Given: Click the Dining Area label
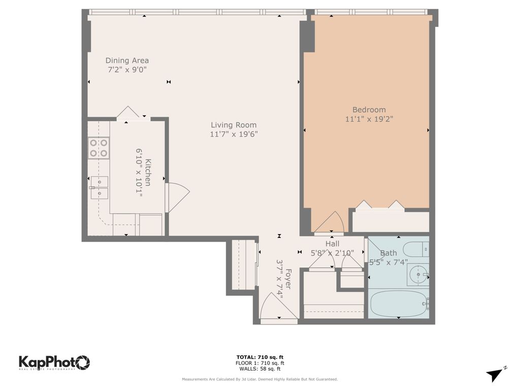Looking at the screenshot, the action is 127,61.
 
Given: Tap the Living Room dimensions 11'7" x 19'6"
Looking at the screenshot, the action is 234,134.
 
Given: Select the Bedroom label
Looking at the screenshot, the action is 369,110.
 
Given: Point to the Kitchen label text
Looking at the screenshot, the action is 148,173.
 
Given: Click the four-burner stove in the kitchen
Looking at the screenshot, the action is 99,148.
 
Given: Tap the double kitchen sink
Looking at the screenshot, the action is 100,188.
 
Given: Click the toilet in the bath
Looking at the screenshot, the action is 416,249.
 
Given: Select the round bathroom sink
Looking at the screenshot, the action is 418,275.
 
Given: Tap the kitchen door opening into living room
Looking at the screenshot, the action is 177,198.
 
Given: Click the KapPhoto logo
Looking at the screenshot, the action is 54,363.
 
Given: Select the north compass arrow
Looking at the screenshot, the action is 495,374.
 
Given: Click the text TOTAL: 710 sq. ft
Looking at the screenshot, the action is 259,357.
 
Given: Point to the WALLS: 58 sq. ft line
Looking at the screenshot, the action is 259,369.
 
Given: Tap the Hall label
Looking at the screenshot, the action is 332,244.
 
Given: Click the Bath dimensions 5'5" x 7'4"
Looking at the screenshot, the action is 388,263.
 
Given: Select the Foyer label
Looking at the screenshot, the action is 288,279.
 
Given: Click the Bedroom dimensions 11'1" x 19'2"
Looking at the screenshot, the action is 369,119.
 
